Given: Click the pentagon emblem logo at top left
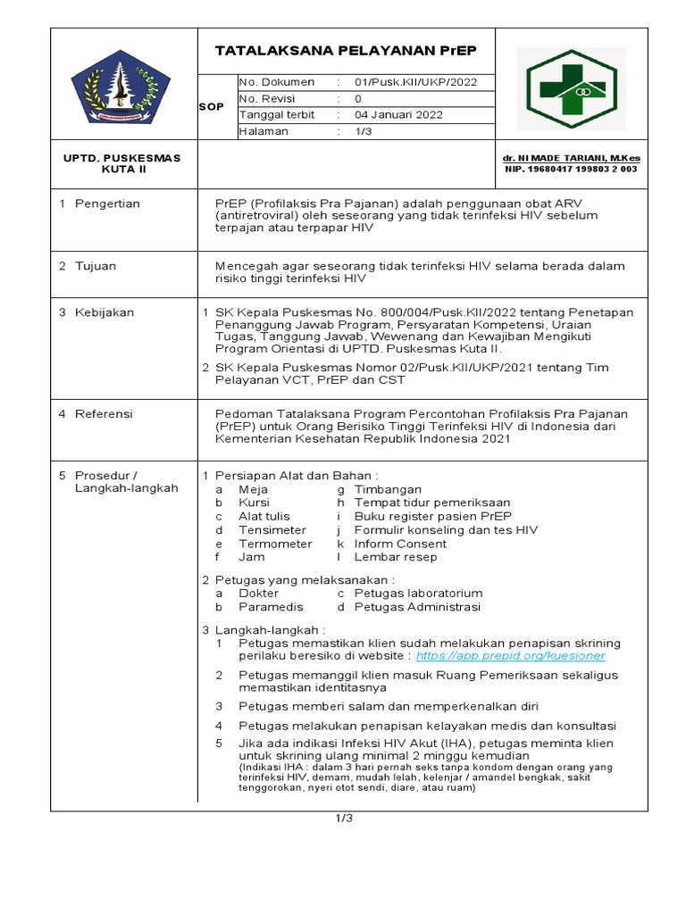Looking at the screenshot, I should [122, 87].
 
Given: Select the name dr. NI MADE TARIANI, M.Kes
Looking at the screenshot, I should [572, 158].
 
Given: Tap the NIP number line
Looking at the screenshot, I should [572, 169].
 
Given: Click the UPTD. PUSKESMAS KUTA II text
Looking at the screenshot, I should [121, 163].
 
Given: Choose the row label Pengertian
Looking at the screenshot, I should [107, 204].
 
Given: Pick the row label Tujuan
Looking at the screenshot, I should [96, 266].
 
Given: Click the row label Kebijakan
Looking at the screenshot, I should [104, 312].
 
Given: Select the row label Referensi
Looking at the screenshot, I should [104, 414].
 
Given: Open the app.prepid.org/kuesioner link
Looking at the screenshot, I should [510, 656].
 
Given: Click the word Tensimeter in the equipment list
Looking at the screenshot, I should [272, 530].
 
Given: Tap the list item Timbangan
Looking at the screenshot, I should [388, 490].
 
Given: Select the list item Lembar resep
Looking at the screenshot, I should [396, 557].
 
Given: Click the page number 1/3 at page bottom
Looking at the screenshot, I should [345, 818].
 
